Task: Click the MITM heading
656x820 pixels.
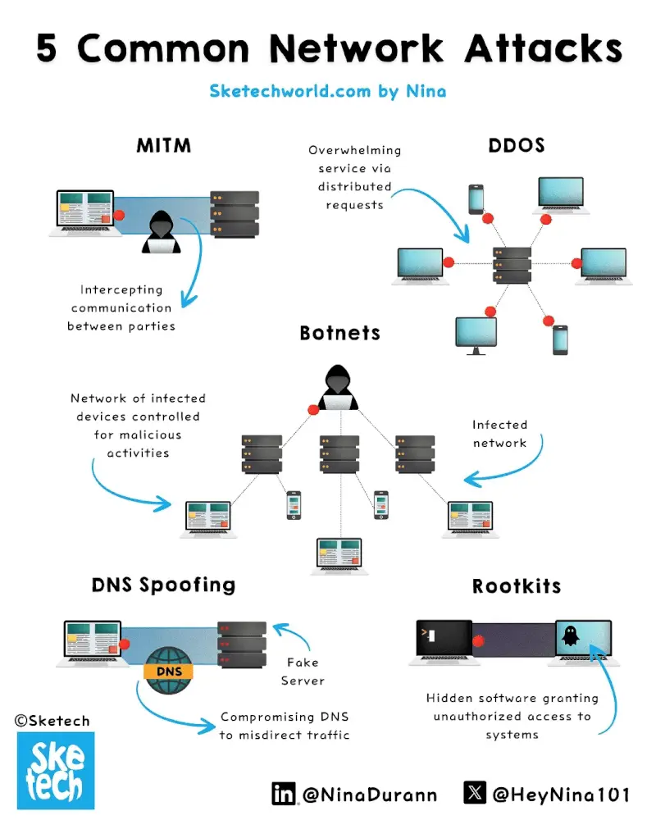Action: point(164,146)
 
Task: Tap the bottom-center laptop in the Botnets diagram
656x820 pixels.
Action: point(336,554)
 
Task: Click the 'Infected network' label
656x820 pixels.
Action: point(499,434)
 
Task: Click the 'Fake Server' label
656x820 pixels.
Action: point(303,672)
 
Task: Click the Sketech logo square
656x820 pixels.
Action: point(55,770)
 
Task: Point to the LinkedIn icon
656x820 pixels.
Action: point(284,793)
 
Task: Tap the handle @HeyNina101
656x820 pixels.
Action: point(562,794)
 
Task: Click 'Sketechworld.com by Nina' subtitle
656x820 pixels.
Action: point(328,90)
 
